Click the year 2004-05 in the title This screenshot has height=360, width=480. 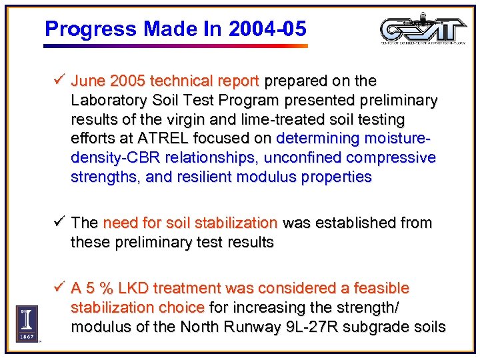coord(267,29)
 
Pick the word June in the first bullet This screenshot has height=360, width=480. coord(88,81)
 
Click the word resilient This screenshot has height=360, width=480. coord(189,177)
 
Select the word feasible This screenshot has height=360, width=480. coord(379,289)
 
